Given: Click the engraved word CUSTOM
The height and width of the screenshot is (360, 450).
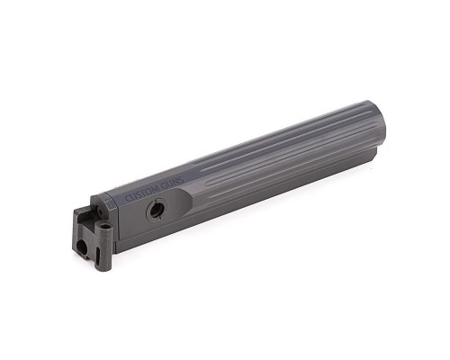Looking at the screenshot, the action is click(141, 193).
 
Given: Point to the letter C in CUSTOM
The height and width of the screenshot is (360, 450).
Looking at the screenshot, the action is click(127, 198).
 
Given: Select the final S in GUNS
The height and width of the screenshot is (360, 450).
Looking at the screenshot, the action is click(181, 177).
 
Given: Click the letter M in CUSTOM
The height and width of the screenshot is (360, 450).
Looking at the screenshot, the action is click(156, 189).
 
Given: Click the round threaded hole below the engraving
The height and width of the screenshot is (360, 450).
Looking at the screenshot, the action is click(156, 211).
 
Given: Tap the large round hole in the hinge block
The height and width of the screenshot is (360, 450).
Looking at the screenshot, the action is click(81, 247).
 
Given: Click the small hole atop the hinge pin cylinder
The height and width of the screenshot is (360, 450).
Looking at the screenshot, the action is click(104, 225).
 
